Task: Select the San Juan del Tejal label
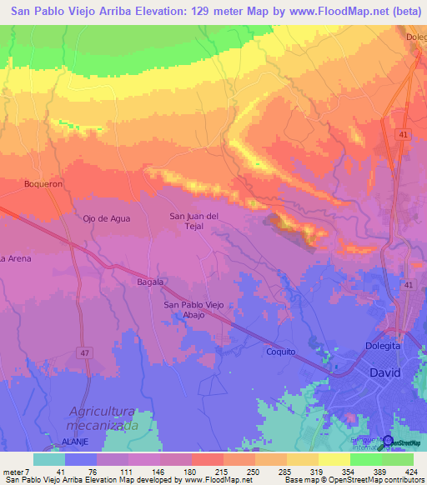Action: click(194, 222)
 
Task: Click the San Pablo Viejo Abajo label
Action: click(194, 310)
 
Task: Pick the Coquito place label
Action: click(281, 352)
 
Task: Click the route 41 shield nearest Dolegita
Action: click(409, 285)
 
